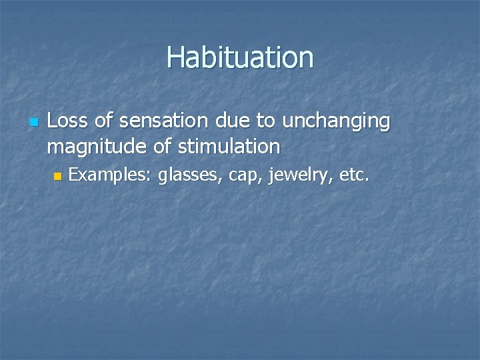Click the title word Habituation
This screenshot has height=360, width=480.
240,57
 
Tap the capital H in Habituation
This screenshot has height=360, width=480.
175,57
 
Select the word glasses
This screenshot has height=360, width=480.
190,177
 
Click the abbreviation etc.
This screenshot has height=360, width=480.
353,176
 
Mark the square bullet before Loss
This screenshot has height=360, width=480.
35,123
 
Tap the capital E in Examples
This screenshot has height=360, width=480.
74,175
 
